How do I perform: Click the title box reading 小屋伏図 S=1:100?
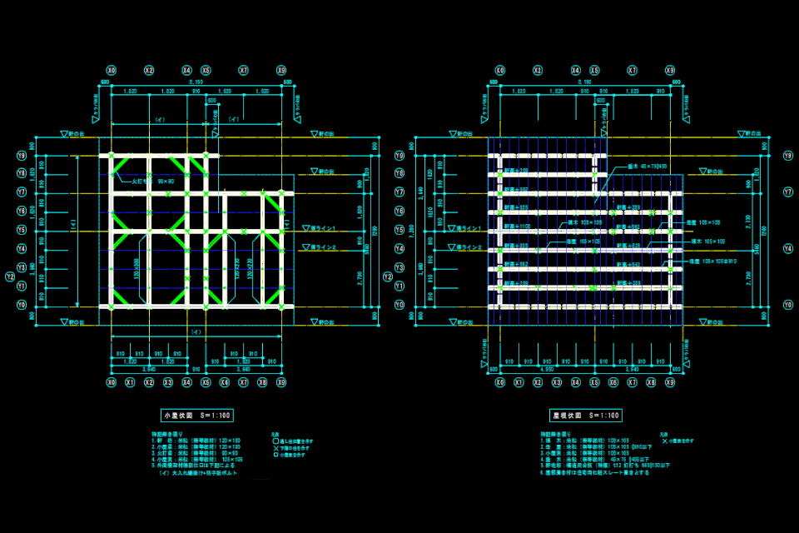tap(197, 415)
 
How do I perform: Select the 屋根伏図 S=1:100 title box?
tap(587, 415)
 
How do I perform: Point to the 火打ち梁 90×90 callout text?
tap(152, 181)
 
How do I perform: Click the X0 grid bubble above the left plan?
tap(111, 71)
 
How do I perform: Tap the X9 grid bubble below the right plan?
tap(671, 382)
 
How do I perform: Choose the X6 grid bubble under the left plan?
tap(225, 382)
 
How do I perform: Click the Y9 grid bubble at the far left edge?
tap(22, 156)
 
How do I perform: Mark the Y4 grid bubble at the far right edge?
tap(787, 248)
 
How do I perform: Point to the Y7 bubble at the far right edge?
tap(787, 192)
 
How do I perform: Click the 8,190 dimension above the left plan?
tap(196, 82)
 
